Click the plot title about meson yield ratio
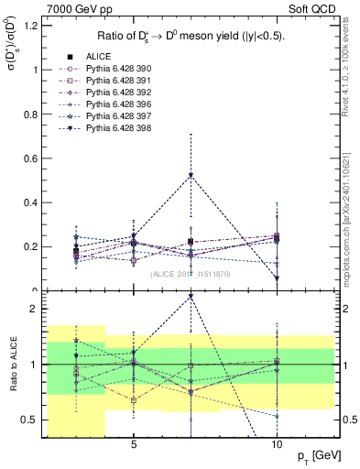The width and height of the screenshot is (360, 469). pos(191,37)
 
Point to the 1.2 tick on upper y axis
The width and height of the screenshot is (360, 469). pos(29,25)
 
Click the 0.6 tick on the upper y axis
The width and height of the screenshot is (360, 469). pos(29,158)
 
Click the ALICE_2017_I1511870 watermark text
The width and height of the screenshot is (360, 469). pos(191,274)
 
